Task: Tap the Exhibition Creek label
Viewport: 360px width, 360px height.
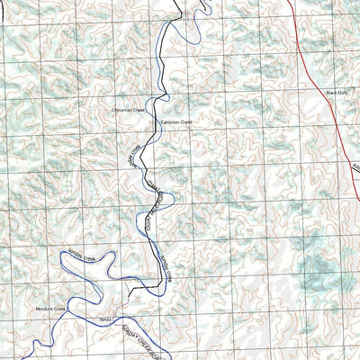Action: (x=177, y=121)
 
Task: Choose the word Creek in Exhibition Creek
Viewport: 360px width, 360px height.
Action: (x=188, y=121)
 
